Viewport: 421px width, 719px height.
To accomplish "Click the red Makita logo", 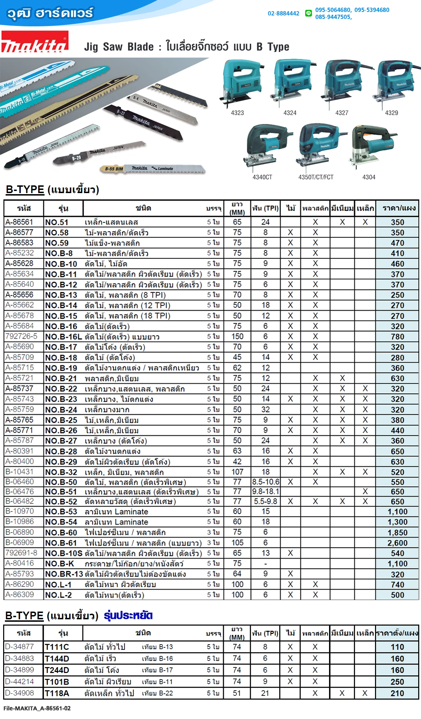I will (x=34, y=42).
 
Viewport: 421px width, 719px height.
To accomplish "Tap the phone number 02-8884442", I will (x=283, y=13).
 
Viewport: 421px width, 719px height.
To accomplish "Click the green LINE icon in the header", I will (x=308, y=13).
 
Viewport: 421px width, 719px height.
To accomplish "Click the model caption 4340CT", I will (x=262, y=177).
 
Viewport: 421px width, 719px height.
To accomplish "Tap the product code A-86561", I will (x=19, y=222).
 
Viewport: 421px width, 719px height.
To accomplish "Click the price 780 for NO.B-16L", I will (x=397, y=337).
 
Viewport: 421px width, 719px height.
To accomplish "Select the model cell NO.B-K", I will (x=60, y=564).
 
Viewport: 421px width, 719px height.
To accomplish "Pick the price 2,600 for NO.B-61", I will (x=397, y=543).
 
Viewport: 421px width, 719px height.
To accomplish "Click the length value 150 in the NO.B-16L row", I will (x=237, y=336).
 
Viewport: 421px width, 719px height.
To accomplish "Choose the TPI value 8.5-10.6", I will (x=266, y=482).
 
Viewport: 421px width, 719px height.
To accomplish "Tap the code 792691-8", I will (x=21, y=553).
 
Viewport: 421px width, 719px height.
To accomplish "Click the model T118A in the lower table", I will (x=57, y=693).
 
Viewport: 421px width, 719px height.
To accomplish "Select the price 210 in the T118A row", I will (x=397, y=693).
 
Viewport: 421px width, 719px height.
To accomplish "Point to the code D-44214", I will (x=20, y=681).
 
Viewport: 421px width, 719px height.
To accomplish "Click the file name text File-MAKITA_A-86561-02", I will (x=37, y=708).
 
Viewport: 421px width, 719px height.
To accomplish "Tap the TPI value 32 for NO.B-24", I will (x=266, y=409).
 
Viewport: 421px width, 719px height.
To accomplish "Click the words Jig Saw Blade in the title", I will (x=119, y=47).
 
